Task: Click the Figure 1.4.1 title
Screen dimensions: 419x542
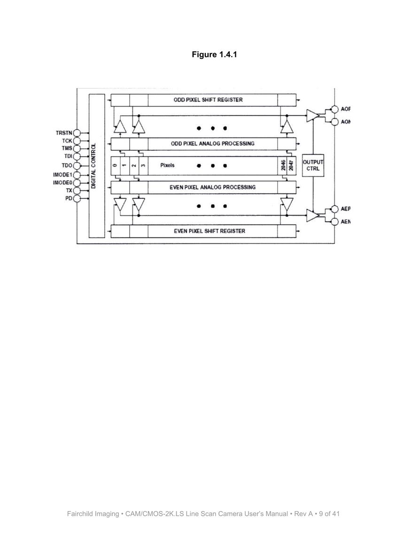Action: pos(214,54)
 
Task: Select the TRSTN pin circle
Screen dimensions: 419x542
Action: pos(77,133)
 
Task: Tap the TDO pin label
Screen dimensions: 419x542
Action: pos(67,166)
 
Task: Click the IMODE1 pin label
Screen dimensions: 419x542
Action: pos(62,175)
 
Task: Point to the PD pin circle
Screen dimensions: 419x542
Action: pos(77,198)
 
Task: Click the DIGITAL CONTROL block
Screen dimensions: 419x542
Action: pos(97,166)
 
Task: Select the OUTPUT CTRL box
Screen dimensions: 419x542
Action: pos(313,165)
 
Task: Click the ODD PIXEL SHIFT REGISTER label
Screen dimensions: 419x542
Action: pos(208,99)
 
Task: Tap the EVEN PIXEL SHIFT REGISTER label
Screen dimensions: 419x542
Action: pos(209,231)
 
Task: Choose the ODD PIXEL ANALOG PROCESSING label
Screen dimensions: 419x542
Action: pos(212,144)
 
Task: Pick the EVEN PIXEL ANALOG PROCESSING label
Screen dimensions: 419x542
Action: pos(212,187)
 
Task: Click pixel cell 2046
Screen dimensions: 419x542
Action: pos(282,166)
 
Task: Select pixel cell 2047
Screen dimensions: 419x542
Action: pos(291,166)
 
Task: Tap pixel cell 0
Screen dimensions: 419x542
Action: pos(115,166)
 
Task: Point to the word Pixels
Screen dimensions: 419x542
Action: pos(168,165)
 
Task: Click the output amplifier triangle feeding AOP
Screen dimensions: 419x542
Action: pos(312,115)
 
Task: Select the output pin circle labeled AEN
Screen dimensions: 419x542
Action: pos(334,221)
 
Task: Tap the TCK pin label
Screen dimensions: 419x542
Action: pos(67,141)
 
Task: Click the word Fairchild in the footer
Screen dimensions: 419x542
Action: pos(79,514)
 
